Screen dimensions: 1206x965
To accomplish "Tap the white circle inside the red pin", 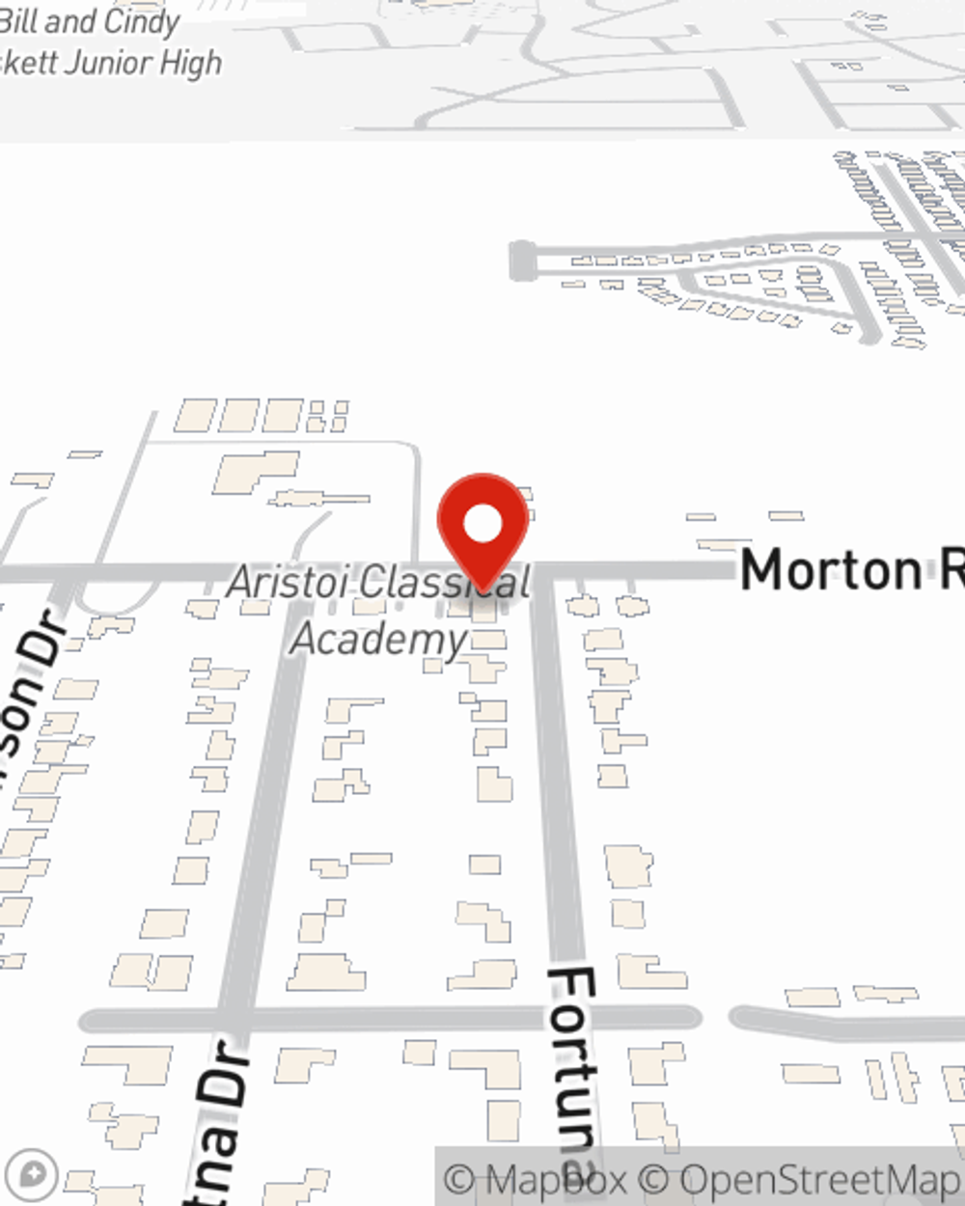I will coord(482,524).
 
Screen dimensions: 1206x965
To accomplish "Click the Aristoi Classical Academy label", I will coord(379,610).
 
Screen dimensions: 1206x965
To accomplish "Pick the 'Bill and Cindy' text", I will coord(89,21).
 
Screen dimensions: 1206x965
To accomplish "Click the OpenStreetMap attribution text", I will coord(820,1179).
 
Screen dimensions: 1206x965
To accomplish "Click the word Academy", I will coord(379,639).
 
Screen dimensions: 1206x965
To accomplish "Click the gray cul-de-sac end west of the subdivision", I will coord(522,260).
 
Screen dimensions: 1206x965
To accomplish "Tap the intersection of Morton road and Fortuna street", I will coord(543,571).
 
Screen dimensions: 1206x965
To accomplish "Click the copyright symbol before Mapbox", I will coord(459,1179).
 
